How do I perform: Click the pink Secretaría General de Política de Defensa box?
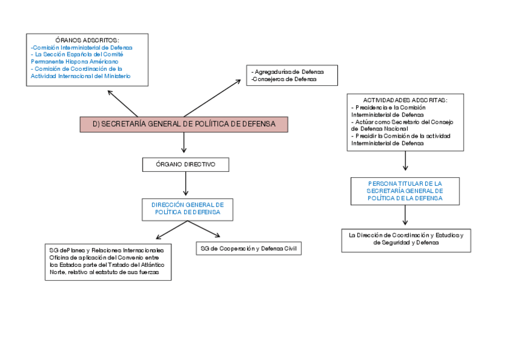[x=183, y=124]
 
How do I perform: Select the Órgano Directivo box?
[x=185, y=164]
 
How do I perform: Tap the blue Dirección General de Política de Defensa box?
[x=187, y=209]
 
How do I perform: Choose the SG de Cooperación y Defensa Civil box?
[x=248, y=249]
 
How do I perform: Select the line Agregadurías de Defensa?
[x=289, y=72]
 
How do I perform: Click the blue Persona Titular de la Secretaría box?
[x=405, y=191]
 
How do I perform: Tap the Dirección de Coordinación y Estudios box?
[x=405, y=239]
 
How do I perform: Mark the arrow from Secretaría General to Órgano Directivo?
[x=183, y=142]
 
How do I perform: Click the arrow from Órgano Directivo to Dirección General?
[x=186, y=184]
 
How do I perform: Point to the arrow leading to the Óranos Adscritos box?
[x=123, y=103]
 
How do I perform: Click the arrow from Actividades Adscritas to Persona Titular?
[x=405, y=160]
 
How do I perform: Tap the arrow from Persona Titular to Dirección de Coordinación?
[x=405, y=215]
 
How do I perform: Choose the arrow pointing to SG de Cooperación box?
[x=204, y=229]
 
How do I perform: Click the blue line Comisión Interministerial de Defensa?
[x=81, y=47]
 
